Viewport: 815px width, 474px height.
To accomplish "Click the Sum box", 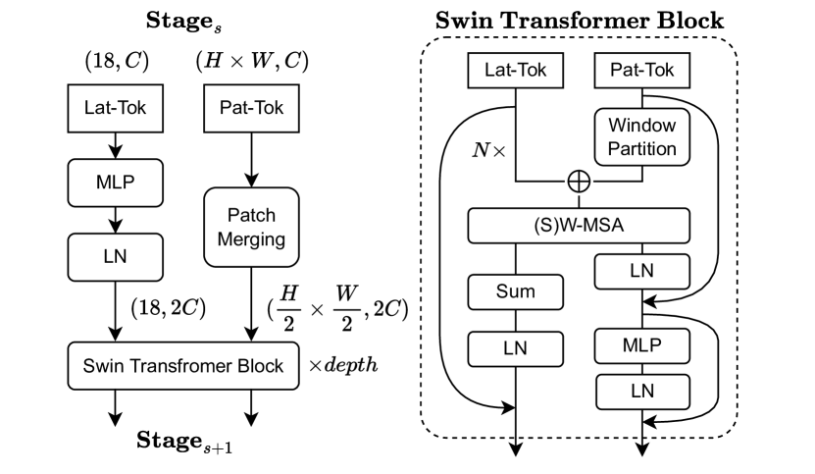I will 515,291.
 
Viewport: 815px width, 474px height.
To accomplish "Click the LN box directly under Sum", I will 515,346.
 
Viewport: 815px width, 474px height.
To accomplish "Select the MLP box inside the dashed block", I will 642,346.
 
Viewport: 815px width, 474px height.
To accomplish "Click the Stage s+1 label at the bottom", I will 186,439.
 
